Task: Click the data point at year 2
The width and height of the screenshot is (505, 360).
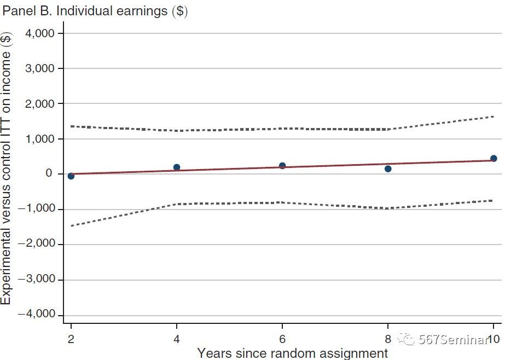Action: click(x=71, y=176)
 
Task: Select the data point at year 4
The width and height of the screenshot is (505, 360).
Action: click(x=177, y=167)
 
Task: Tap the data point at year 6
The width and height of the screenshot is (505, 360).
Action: click(x=282, y=166)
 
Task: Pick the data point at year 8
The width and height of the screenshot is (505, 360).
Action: click(x=388, y=169)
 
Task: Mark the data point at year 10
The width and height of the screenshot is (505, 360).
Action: click(x=494, y=159)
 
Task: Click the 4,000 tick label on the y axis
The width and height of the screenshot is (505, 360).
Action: click(x=40, y=33)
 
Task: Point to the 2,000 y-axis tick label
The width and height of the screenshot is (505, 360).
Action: click(x=40, y=104)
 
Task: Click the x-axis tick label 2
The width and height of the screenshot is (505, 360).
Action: click(x=71, y=338)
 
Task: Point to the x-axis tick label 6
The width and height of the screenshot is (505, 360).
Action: click(x=282, y=338)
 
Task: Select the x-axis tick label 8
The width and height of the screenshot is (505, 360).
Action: click(x=388, y=338)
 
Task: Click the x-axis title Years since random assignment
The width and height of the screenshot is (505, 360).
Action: click(x=292, y=352)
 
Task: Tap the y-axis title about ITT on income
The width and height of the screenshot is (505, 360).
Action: click(x=6, y=170)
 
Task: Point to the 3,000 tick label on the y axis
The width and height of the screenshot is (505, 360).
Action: click(x=40, y=69)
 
